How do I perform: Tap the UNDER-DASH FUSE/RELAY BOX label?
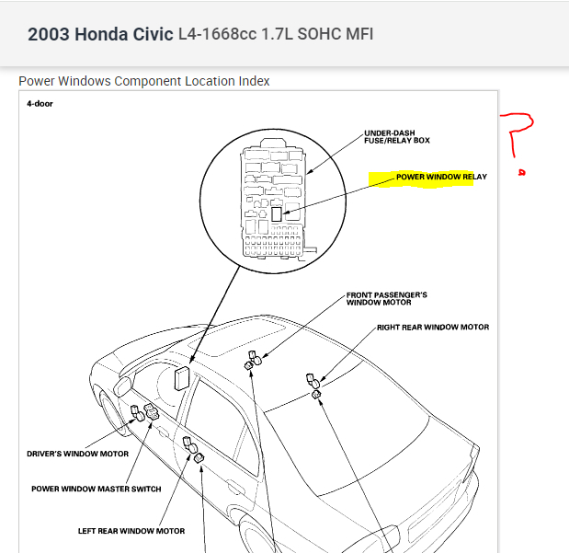click(x=397, y=136)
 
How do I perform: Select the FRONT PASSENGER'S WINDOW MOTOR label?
click(x=386, y=299)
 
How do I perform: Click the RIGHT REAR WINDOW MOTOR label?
click(x=432, y=328)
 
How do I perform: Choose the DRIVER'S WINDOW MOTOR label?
click(x=76, y=454)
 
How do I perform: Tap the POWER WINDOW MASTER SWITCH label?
click(x=96, y=489)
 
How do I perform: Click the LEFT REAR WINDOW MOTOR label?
click(x=131, y=531)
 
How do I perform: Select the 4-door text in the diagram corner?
click(x=40, y=103)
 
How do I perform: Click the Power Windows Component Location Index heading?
click(x=144, y=81)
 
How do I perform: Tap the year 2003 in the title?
click(x=48, y=35)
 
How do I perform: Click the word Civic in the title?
click(x=153, y=35)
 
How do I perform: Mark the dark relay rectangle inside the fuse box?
click(x=276, y=212)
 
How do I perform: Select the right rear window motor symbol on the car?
click(x=313, y=385)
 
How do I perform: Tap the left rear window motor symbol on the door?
click(x=192, y=448)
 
